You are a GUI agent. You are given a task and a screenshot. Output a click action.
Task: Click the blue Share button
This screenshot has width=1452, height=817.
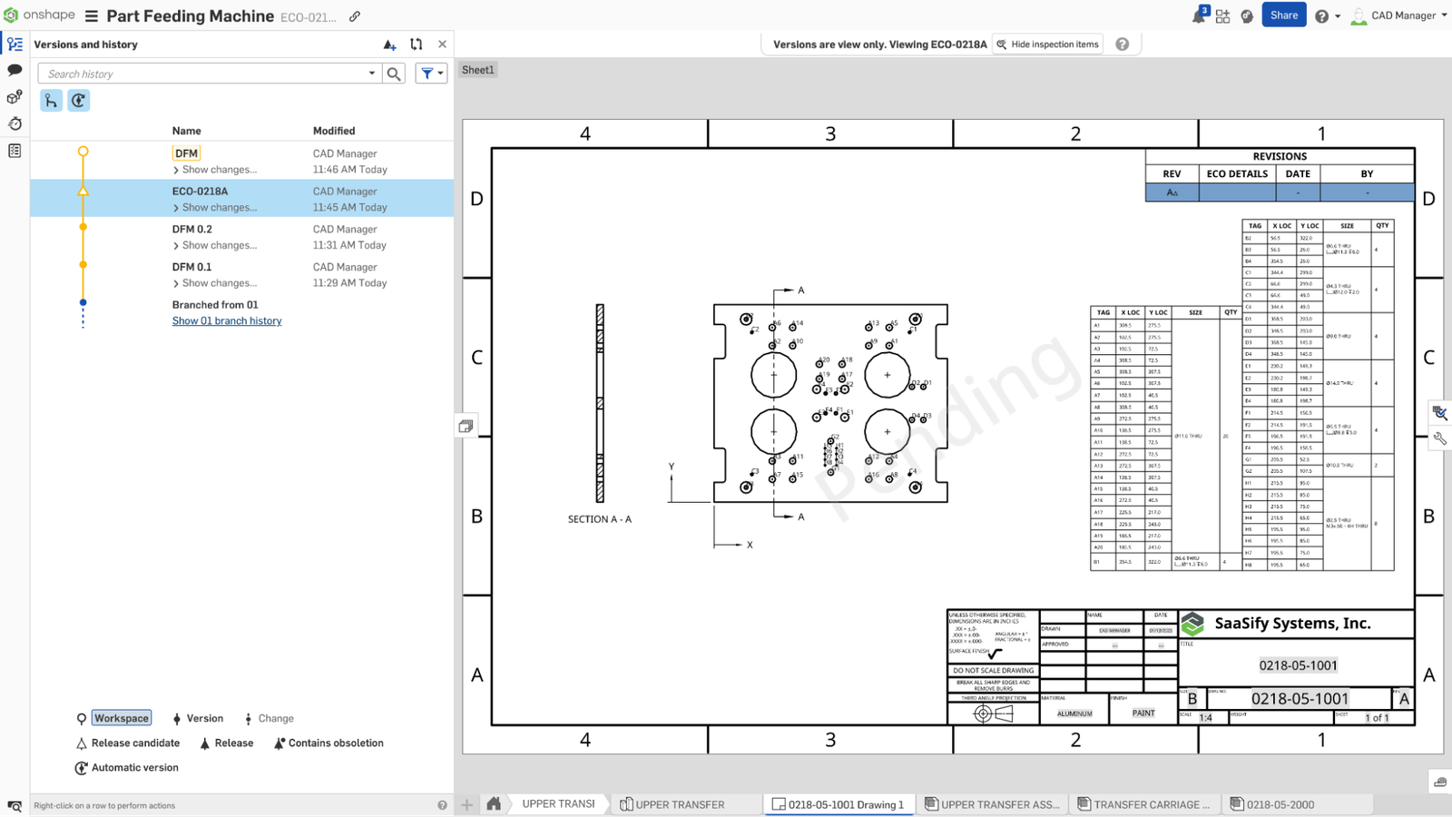point(1283,15)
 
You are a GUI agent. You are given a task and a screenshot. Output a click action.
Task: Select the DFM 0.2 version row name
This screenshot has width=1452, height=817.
point(192,230)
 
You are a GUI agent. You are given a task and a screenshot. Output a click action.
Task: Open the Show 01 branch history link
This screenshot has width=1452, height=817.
point(227,321)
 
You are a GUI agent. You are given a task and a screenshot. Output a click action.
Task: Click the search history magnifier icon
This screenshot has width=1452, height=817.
point(394,74)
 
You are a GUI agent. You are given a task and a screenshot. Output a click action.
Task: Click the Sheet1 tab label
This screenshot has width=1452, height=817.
point(477,70)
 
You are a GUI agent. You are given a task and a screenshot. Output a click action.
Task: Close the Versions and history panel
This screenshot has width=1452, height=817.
point(442,44)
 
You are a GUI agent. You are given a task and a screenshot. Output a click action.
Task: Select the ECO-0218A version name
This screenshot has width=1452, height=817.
point(201,192)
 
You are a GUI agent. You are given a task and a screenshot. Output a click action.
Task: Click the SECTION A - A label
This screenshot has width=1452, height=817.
point(599,519)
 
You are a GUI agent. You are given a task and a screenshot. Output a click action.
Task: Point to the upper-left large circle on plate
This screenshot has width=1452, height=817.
point(773,374)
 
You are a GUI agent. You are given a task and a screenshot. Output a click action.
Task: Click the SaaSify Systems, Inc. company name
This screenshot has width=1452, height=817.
point(1292,624)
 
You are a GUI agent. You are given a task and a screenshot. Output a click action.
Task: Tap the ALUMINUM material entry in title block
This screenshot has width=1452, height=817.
point(1074,714)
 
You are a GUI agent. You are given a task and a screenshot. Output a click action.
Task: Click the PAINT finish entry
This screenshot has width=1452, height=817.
point(1143,714)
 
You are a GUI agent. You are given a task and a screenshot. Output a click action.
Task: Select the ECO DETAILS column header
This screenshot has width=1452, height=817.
point(1237,173)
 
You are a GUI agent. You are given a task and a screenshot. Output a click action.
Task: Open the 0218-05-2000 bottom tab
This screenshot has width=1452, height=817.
point(1280,804)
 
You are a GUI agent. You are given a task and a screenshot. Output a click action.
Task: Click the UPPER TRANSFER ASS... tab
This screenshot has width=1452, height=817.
point(998,804)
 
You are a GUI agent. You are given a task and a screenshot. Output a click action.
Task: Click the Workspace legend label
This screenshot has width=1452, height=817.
point(122,718)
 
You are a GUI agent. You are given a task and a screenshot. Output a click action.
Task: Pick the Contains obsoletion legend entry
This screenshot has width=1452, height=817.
point(335,743)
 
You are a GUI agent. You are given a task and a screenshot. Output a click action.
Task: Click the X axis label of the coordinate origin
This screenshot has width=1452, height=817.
point(750,546)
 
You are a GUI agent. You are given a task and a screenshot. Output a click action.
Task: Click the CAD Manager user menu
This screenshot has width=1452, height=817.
point(1402,15)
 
